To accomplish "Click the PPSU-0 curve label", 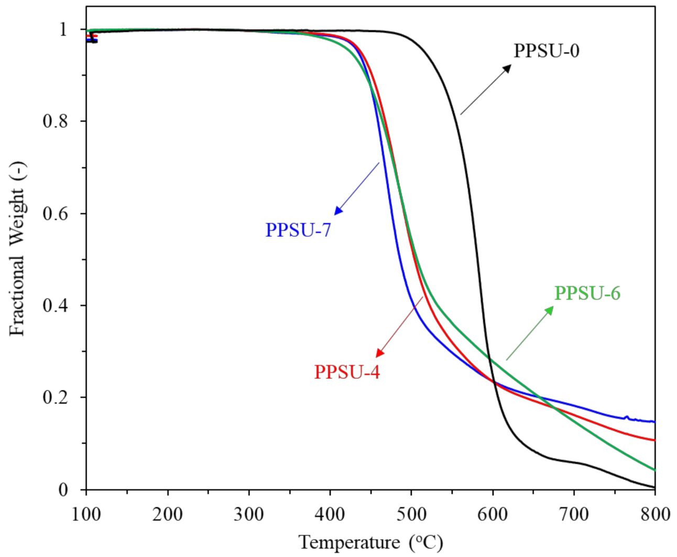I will [546, 51].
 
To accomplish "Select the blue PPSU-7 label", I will [298, 230].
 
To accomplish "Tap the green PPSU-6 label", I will [587, 293].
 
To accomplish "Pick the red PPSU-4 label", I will [347, 372].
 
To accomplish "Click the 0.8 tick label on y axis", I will [55, 122].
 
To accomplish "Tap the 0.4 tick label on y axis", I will [55, 305].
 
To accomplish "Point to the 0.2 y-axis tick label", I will [55, 398].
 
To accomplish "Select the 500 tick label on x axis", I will [411, 515].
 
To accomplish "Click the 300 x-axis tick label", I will [249, 515].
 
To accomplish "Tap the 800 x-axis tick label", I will [654, 515].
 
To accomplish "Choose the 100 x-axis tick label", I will [86, 515].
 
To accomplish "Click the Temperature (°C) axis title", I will [370, 542].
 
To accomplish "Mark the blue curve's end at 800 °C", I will [654, 421].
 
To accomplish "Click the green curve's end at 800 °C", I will [654, 469].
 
